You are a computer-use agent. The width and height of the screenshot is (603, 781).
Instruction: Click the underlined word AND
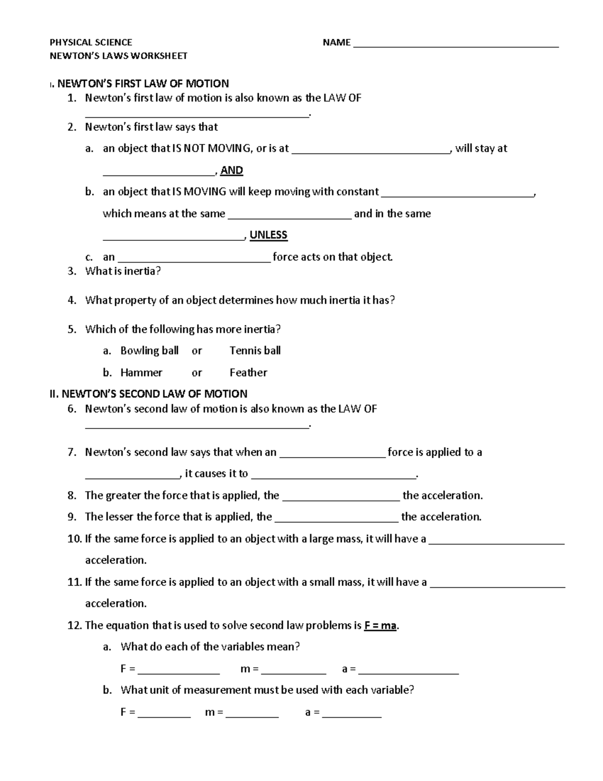coord(232,170)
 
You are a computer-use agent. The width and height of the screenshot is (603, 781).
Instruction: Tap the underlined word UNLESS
coord(268,235)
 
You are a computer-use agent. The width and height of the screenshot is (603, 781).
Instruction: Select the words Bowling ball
coord(149,351)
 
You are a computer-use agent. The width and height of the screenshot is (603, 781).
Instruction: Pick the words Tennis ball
coord(255,351)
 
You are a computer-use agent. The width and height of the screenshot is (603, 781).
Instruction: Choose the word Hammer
coord(141,373)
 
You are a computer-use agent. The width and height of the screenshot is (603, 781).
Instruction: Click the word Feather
coord(248,373)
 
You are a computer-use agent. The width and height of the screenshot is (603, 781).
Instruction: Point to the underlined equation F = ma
coord(380,626)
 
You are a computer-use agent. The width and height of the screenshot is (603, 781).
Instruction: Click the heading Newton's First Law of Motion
coord(143,83)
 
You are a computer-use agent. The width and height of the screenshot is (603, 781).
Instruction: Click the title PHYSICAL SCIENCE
coord(91,42)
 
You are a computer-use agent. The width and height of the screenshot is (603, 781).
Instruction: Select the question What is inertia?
coord(123,272)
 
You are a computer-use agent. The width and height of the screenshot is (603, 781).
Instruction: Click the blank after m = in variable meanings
coord(293,672)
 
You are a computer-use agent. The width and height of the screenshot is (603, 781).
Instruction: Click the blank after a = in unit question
coord(352,715)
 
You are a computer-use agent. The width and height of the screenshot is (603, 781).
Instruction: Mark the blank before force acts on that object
coord(194,260)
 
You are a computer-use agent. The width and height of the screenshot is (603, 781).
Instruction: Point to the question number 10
coord(74,539)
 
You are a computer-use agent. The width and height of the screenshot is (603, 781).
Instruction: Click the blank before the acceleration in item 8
coord(341,498)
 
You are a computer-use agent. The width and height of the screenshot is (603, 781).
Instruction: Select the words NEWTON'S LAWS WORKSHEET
coord(119,56)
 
